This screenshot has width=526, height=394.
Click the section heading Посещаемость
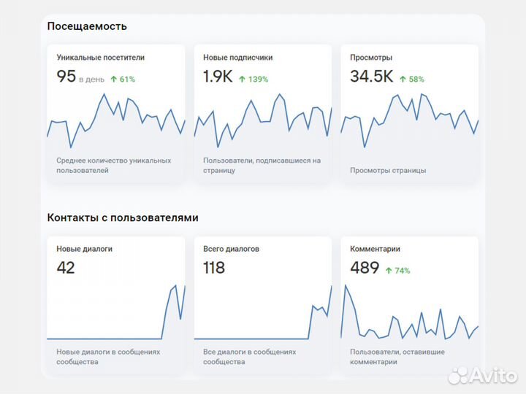[x=87, y=26]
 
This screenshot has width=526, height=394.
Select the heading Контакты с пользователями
[x=123, y=217]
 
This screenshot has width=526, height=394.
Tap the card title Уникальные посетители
[x=101, y=57]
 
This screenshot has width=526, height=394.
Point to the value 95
[x=66, y=77]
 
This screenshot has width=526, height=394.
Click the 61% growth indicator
[x=123, y=80]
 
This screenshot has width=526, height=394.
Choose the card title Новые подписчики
[x=238, y=57]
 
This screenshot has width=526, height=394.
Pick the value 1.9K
[x=218, y=77]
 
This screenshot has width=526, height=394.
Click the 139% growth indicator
[x=254, y=80]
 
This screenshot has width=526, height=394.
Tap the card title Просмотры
[x=371, y=57]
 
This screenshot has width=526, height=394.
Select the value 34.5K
[x=372, y=77]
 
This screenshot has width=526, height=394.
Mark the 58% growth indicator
[x=412, y=80]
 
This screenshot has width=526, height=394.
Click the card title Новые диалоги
[x=85, y=249]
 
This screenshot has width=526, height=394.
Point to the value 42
[x=66, y=268]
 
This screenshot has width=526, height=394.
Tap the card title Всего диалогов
[x=232, y=249]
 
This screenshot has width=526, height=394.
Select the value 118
[x=214, y=268]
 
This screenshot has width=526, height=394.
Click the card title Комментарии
[x=376, y=249]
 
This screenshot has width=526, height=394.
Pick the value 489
[x=365, y=268]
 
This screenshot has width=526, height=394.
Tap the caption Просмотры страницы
[x=388, y=171]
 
